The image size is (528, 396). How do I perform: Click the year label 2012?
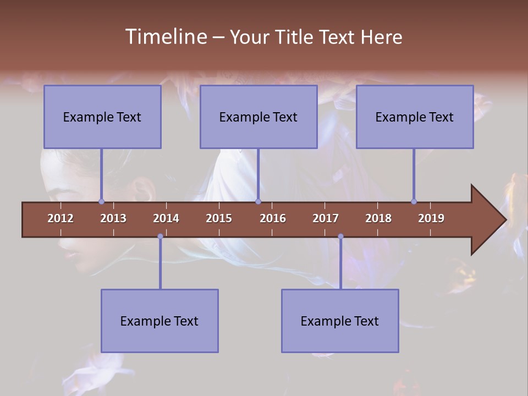(61, 218)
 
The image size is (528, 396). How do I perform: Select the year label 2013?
(113, 218)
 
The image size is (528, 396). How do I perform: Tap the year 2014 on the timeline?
(166, 218)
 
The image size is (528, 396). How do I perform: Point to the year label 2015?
(219, 218)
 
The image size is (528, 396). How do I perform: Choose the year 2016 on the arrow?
(273, 218)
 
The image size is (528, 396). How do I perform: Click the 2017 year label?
(326, 218)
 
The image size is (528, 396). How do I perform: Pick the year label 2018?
(378, 218)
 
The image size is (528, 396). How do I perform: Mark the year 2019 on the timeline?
(431, 218)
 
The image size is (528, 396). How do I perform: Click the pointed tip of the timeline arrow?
(504, 220)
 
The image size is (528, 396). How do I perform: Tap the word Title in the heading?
(295, 37)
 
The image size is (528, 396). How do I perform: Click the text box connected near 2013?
(102, 117)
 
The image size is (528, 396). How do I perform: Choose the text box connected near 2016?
(258, 117)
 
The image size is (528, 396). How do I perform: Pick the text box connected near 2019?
(415, 117)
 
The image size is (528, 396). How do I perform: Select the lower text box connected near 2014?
(159, 321)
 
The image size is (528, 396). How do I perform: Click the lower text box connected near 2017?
(340, 321)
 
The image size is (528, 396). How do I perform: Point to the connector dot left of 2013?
(101, 201)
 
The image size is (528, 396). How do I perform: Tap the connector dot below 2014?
(160, 237)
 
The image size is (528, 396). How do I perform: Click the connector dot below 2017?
(340, 237)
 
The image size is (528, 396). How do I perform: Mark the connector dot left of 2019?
(414, 201)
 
